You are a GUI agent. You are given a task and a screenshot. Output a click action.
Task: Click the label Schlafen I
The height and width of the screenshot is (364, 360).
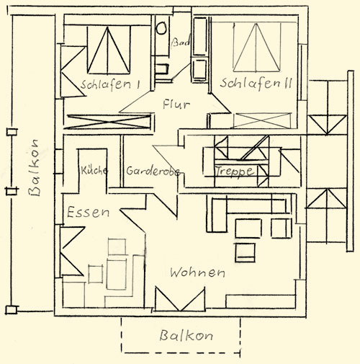(110, 84)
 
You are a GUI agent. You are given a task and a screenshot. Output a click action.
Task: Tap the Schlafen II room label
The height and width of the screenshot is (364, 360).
(256, 83)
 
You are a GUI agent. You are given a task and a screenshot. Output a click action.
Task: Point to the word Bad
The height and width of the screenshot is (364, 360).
(181, 43)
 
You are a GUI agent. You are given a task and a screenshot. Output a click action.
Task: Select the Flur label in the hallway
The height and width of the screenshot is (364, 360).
(176, 105)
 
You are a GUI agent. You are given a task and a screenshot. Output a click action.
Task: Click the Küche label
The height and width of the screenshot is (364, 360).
(94, 170)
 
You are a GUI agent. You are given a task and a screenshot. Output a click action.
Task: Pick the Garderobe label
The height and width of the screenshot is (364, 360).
(153, 171)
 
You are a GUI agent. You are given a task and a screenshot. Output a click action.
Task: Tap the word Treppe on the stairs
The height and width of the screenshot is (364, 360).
(235, 172)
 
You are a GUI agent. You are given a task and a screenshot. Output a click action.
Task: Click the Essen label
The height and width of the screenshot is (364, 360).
(88, 212)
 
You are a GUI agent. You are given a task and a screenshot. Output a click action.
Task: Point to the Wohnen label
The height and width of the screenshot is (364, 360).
(197, 272)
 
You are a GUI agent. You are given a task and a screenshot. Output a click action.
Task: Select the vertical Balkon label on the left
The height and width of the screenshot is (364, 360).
(34, 167)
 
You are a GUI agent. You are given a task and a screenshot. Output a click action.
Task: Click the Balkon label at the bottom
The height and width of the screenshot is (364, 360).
(186, 336)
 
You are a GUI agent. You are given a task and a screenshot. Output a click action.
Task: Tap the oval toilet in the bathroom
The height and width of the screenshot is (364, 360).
(161, 28)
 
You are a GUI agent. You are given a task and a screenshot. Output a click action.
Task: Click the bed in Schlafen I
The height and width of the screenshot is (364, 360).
(109, 50)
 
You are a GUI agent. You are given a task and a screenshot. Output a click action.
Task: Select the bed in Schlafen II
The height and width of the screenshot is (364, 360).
(256, 47)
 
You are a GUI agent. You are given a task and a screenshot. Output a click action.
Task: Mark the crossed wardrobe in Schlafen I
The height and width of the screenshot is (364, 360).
(109, 122)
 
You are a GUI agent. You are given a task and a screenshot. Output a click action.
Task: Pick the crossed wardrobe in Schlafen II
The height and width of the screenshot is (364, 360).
(262, 120)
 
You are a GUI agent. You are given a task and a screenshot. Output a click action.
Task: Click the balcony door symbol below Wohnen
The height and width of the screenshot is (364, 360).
(180, 299)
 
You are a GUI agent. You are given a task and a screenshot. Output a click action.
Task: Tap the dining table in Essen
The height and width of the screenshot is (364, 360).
(117, 275)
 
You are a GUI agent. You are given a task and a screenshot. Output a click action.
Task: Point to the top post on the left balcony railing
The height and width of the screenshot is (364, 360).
(12, 132)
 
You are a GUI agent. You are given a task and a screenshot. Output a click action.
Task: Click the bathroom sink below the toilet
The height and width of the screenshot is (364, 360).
(161, 69)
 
